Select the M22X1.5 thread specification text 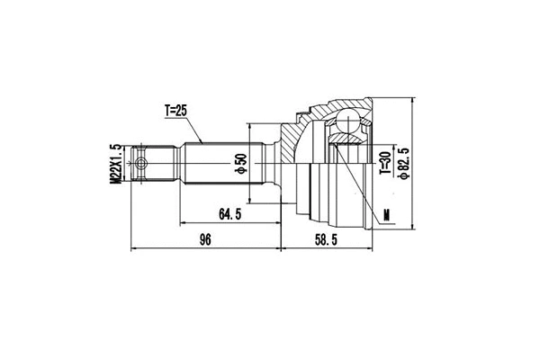pos(116,164)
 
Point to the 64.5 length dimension pos(230,213)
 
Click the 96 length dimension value pos(205,238)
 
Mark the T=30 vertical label pos(382,164)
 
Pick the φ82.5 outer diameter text pos(406,164)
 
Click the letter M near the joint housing pos(386,214)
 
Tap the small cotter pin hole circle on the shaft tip pos(141,164)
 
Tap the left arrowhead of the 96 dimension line pos(134,247)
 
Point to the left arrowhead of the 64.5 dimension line pos(183,221)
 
